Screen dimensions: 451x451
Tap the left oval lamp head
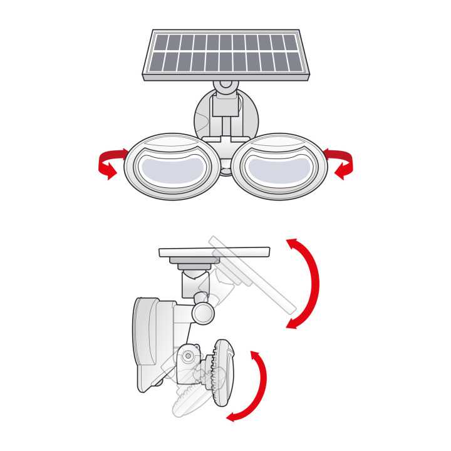point(172,167)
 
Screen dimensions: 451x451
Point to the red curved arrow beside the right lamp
point(341,162)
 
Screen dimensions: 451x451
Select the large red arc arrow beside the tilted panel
point(306,282)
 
